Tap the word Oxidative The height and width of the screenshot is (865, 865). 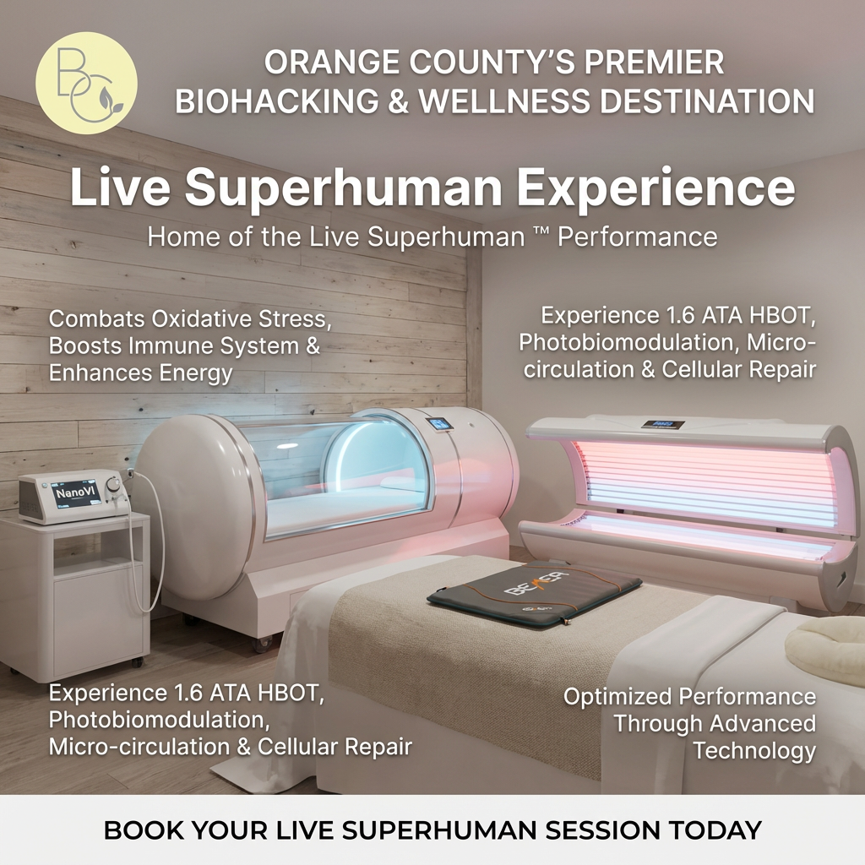(205, 319)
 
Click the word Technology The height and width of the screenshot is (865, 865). (754, 750)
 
